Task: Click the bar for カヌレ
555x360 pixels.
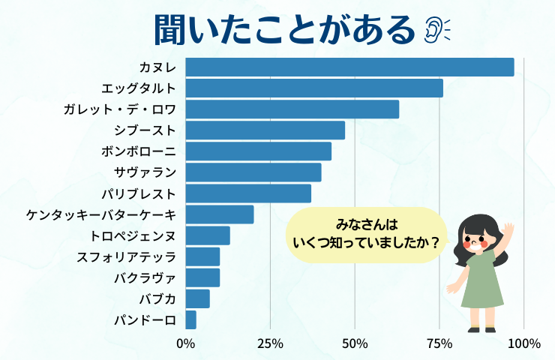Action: coord(349,67)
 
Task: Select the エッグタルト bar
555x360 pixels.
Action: coord(314,88)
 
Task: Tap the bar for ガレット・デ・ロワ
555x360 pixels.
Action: coord(292,109)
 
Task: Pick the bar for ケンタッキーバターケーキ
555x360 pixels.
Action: coord(220,214)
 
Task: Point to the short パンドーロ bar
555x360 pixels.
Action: coord(190,319)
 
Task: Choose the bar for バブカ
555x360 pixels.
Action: coord(197,298)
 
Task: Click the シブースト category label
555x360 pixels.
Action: coord(146,130)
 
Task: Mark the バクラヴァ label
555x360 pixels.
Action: coord(145,277)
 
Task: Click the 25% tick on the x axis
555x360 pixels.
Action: coord(270,343)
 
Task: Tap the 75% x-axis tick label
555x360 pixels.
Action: coord(439,343)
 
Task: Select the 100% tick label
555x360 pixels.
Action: coord(523,343)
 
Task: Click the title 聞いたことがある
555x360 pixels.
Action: coord(284,29)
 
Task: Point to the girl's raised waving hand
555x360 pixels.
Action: coord(509,229)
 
